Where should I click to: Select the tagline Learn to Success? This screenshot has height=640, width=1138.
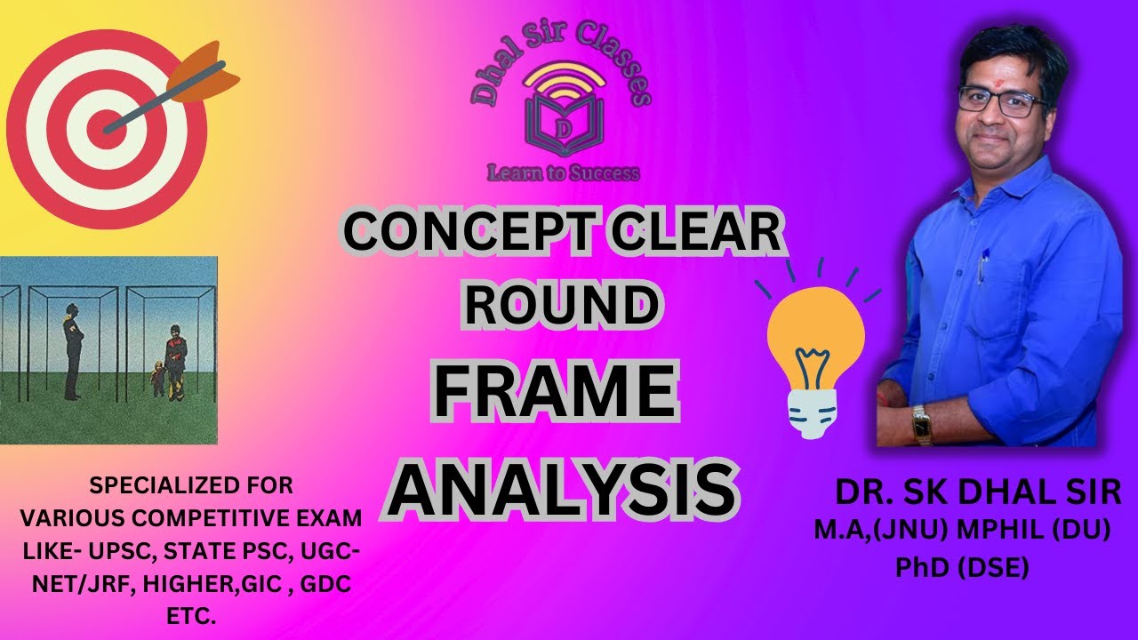click(563, 172)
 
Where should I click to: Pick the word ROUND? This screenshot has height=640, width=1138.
click(562, 305)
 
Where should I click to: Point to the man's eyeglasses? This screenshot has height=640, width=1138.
click(1003, 101)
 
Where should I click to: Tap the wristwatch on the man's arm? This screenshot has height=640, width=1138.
click(921, 426)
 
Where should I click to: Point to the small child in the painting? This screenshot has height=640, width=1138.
click(158, 378)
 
